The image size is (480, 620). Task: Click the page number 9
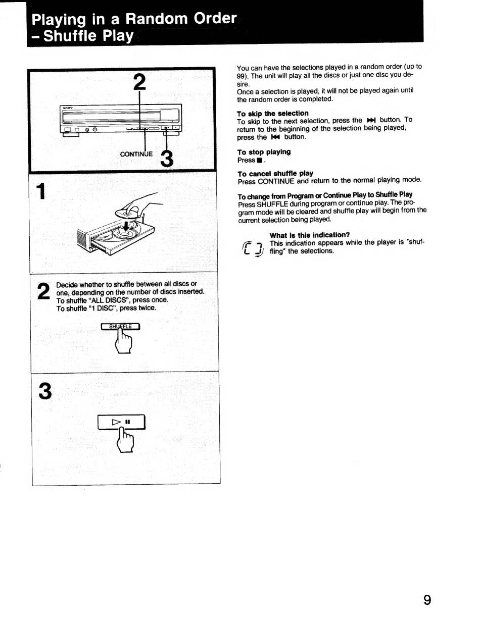[x=427, y=600]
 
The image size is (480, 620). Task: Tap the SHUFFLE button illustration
[x=120, y=326]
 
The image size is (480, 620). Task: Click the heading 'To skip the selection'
[x=272, y=113]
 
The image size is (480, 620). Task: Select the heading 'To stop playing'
[x=264, y=152]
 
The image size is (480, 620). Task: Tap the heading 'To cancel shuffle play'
[x=275, y=173]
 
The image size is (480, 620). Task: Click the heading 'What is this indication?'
[x=309, y=235]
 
